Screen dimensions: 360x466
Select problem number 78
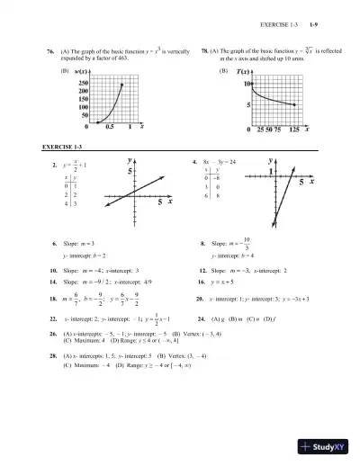(x=205, y=50)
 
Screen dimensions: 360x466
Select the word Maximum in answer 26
(x=82, y=342)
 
